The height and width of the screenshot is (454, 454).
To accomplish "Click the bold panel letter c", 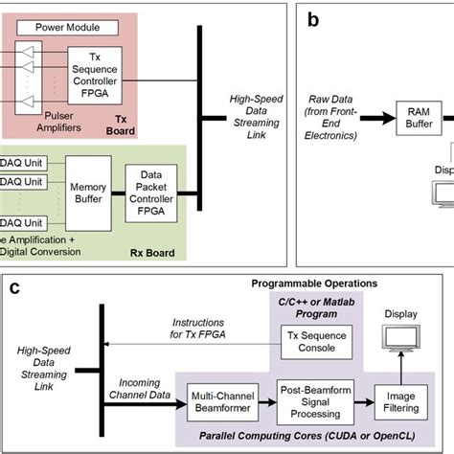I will click(15, 286).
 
